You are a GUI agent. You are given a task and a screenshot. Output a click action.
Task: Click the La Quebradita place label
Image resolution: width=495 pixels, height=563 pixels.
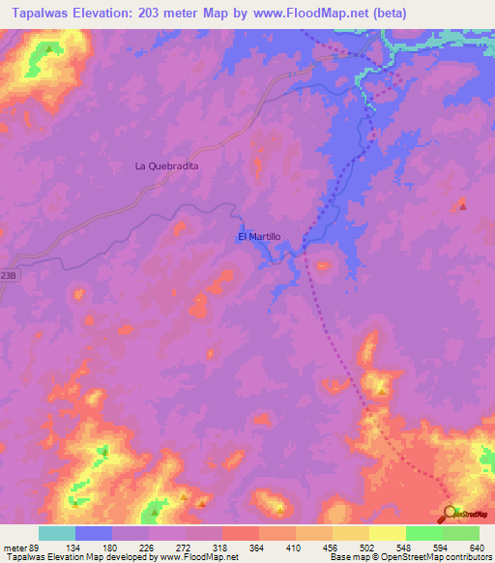click(166, 166)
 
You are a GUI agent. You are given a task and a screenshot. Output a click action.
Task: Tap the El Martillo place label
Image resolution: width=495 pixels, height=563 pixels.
click(258, 236)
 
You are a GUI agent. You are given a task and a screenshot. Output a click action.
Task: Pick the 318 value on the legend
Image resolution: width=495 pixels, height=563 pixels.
click(221, 548)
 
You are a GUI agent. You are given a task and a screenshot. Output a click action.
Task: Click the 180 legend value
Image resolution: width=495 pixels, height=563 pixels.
click(111, 548)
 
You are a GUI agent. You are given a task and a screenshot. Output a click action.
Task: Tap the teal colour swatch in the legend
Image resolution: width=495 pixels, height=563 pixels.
click(57, 533)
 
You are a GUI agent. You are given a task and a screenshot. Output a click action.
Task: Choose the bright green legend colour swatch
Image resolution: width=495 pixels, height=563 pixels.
click(423, 533)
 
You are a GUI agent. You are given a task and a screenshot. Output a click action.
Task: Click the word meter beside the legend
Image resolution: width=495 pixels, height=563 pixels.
click(14, 548)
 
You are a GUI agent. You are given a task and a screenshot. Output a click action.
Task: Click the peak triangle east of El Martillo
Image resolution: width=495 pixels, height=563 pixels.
click(462, 205)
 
